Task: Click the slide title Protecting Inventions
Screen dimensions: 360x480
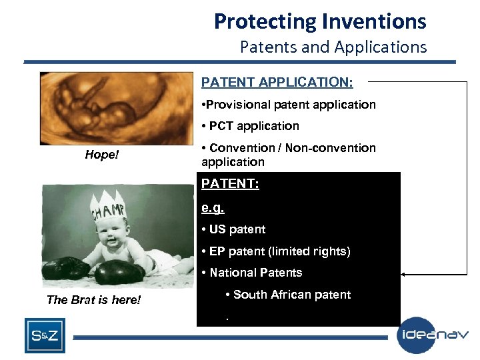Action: [319, 21]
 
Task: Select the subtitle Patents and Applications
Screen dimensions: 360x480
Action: [333, 47]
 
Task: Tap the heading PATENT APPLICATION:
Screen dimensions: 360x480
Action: [277, 82]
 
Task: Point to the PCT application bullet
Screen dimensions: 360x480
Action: [251, 126]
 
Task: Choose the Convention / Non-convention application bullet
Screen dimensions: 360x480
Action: [289, 155]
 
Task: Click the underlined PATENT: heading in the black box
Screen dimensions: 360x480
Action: [230, 184]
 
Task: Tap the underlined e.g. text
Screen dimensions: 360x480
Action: [214, 207]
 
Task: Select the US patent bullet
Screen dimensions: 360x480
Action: [234, 229]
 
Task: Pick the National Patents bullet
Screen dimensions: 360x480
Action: [252, 273]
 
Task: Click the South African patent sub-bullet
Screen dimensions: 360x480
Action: [288, 295]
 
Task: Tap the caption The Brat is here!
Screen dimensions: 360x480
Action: [94, 300]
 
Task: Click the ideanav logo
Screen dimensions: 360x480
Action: [433, 335]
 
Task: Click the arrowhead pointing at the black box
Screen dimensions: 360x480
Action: [405, 274]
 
